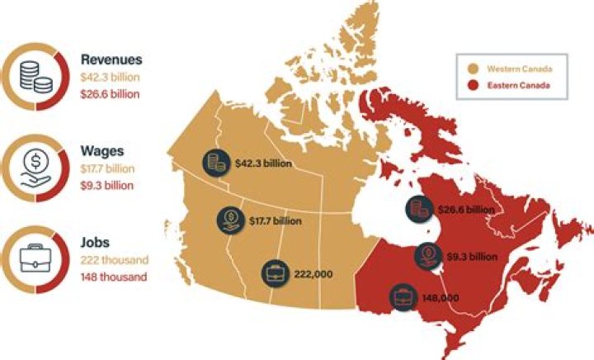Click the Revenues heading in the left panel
pyautogui.click(x=111, y=59)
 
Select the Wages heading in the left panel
pyautogui.click(x=102, y=150)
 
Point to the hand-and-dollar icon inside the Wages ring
pyautogui.click(x=36, y=166)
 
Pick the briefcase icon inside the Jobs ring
pyautogui.click(x=36, y=257)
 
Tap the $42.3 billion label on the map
pyautogui.click(x=262, y=163)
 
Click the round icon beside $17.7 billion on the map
pyautogui.click(x=229, y=220)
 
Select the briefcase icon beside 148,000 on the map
pyautogui.click(x=404, y=296)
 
